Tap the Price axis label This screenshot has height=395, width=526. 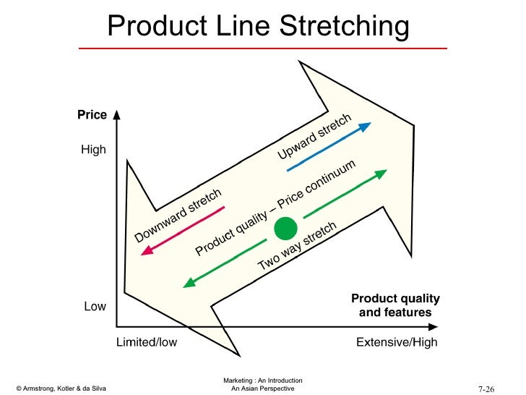tap(92, 115)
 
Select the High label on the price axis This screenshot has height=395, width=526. tap(93, 150)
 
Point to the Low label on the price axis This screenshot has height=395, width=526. tap(95, 307)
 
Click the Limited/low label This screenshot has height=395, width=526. tap(146, 342)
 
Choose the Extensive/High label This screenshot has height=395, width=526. tap(397, 342)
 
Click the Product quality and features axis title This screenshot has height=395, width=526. tap(395, 306)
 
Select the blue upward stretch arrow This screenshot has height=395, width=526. tap(329, 148)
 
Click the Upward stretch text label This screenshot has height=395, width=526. tap(314, 137)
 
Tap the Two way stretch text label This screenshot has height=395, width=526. tap(297, 247)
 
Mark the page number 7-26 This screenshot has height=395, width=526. tap(486, 388)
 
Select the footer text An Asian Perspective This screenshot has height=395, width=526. tap(263, 389)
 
